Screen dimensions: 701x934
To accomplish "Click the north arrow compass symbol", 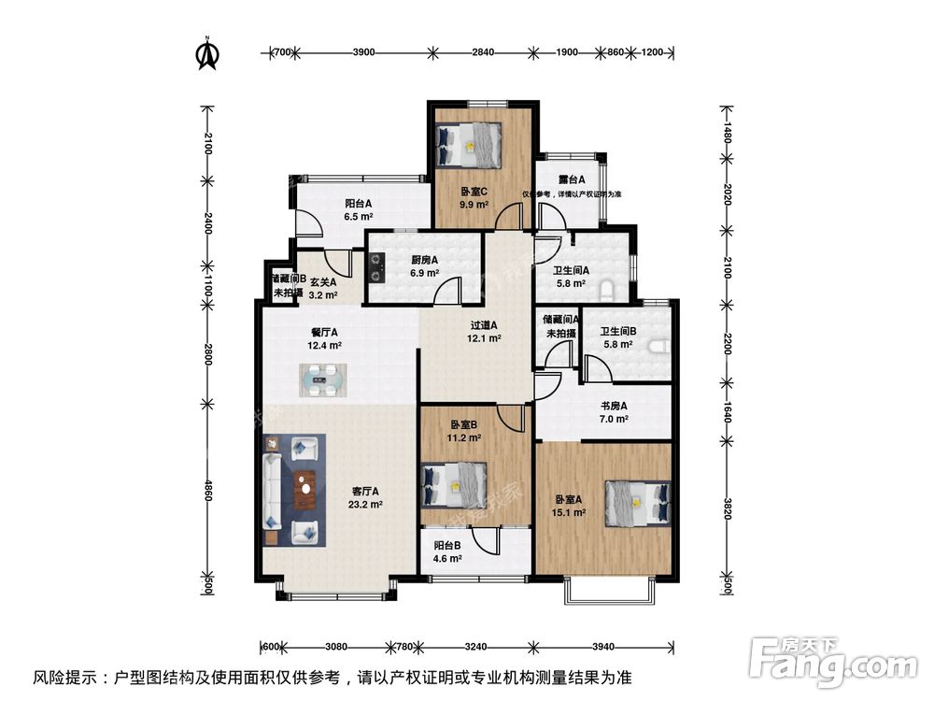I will coord(206,55).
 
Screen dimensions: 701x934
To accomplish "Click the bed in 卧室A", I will coord(638,503).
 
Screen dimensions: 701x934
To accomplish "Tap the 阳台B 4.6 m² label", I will coord(447,552).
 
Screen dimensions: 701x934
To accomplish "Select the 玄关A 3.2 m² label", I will coord(323,287).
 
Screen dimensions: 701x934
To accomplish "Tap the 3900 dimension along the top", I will coord(363,52).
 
